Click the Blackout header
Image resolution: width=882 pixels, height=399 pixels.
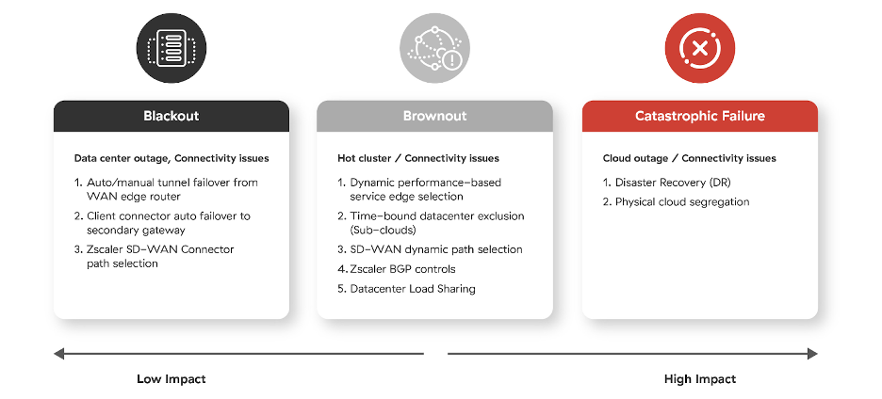pyautogui.click(x=171, y=116)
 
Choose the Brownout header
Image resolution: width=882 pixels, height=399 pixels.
pyautogui.click(x=434, y=116)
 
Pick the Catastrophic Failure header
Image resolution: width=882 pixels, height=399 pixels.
pyautogui.click(x=699, y=116)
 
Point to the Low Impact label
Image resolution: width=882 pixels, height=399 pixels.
pyautogui.click(x=171, y=379)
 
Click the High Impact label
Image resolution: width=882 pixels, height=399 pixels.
pyautogui.click(x=699, y=379)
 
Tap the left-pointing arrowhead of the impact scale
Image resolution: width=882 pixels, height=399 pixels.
pyautogui.click(x=58, y=354)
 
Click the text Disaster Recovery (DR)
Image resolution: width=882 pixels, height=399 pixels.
pyautogui.click(x=672, y=183)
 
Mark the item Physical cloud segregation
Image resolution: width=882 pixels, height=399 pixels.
pyautogui.click(x=682, y=202)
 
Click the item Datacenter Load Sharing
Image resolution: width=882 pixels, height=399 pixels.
pyautogui.click(x=412, y=289)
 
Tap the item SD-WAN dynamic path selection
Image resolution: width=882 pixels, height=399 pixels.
pyautogui.click(x=435, y=249)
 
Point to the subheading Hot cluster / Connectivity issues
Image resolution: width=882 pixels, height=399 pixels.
pyautogui.click(x=417, y=158)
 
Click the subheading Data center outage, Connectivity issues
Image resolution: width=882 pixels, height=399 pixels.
pyautogui.click(x=171, y=158)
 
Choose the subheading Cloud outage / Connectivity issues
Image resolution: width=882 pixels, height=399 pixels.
pyautogui.click(x=689, y=158)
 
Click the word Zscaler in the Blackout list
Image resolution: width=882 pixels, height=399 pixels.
pyautogui.click(x=107, y=249)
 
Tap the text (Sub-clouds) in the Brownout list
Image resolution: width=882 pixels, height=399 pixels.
pyautogui.click(x=384, y=230)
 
